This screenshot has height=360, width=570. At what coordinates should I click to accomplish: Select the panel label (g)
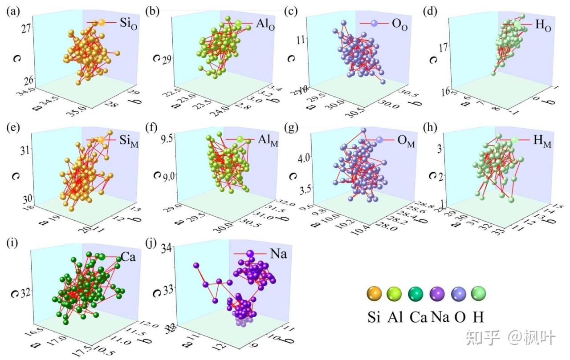pos(292,128)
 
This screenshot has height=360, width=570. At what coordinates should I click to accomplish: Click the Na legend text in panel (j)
pos(278,254)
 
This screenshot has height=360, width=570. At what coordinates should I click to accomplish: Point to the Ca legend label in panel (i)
pos(128,257)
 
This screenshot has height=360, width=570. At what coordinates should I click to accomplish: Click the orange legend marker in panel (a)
pos(101,22)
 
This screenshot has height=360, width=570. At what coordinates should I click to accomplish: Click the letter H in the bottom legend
pos(479,317)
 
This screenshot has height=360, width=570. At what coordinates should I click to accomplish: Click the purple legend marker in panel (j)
pos(249,254)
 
